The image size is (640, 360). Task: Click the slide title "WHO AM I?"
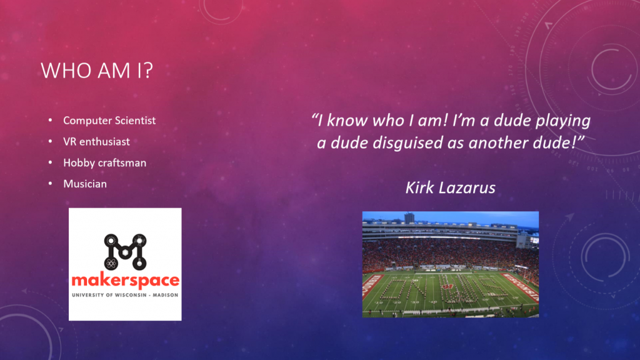click(x=97, y=70)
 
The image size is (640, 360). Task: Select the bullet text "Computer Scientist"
click(x=109, y=121)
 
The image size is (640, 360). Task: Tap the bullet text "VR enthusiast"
click(x=96, y=142)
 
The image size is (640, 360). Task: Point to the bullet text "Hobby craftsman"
click(x=104, y=163)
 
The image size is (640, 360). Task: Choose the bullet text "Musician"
click(x=85, y=184)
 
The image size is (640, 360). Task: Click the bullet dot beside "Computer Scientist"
click(x=50, y=120)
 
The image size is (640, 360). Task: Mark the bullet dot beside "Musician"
click(x=50, y=184)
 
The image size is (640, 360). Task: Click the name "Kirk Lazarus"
click(x=450, y=187)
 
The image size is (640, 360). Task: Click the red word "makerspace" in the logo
click(x=125, y=281)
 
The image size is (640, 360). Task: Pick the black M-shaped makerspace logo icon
click(x=125, y=252)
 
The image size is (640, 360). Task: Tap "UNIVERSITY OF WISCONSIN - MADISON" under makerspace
click(x=125, y=295)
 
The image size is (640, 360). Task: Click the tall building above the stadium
click(x=409, y=217)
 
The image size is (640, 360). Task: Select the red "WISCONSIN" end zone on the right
click(x=521, y=286)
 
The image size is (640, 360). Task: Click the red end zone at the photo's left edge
click(x=370, y=290)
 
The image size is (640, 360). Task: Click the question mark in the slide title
click(x=148, y=70)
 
